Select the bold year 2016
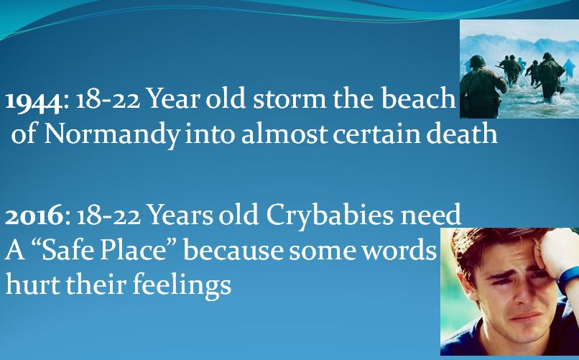coord(34,216)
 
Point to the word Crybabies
coord(330,216)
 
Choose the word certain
coord(376,134)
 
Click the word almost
coord(284,134)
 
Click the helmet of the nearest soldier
coord(477,61)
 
